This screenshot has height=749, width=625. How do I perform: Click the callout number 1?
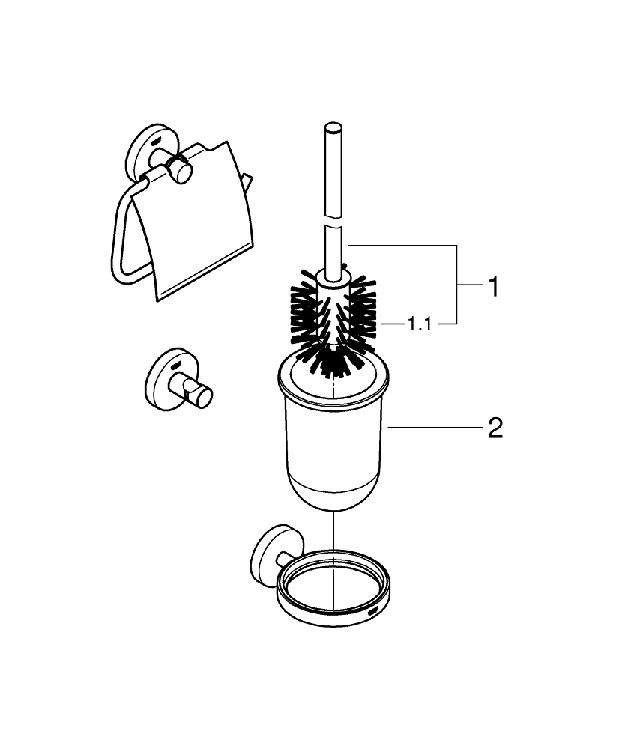493,286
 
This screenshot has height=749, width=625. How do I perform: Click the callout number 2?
495,428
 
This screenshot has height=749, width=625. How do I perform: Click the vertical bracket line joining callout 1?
457,285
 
